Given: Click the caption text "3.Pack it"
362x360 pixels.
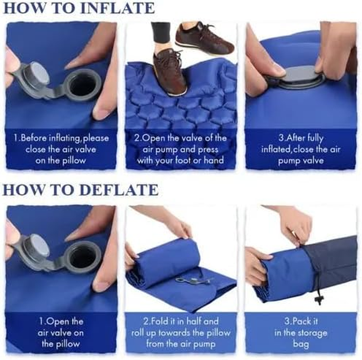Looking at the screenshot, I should pyautogui.click(x=300, y=321).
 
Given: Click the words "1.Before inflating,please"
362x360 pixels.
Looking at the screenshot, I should pyautogui.click(x=61, y=138).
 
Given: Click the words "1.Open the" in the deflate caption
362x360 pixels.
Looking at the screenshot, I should pyautogui.click(x=61, y=321).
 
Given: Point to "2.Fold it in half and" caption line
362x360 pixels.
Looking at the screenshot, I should pyautogui.click(x=181, y=321).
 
